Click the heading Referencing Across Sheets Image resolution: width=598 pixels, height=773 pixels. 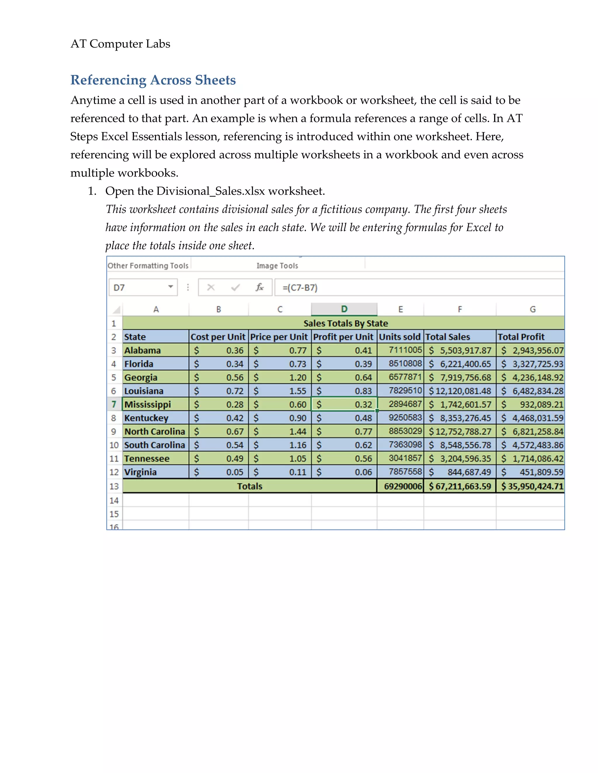(153, 80)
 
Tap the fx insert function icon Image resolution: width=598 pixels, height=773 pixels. (259, 287)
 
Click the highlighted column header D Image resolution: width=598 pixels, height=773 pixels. (344, 309)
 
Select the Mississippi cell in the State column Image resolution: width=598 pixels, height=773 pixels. (155, 404)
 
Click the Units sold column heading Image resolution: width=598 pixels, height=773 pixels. (400, 337)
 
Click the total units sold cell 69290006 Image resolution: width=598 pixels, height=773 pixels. (402, 486)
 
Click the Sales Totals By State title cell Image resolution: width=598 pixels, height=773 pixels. (345, 323)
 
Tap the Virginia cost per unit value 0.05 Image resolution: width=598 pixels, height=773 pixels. (234, 472)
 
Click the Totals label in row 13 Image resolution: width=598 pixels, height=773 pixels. (249, 486)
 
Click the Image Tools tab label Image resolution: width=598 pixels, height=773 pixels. (277, 265)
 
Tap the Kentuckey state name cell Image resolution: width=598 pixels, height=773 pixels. (146, 418)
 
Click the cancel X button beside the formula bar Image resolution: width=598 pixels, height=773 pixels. (211, 287)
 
